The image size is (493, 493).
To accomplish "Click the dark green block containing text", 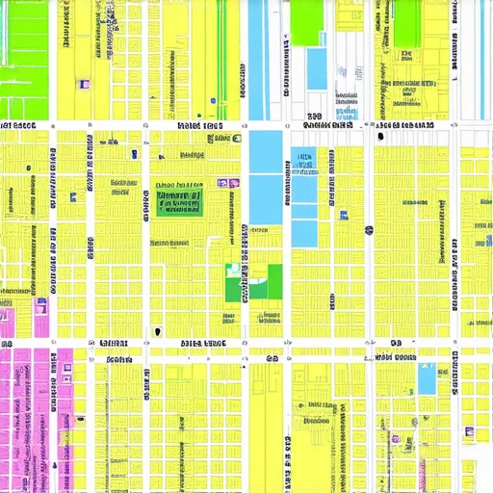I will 178,201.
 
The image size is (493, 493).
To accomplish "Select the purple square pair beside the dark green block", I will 228,183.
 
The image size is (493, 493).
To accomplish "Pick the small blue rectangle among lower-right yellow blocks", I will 426,378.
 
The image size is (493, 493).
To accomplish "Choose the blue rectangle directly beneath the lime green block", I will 317,68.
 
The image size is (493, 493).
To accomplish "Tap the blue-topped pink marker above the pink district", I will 40,306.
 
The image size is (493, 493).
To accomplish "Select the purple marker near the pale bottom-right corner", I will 468,432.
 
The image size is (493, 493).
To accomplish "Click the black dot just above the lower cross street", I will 157,331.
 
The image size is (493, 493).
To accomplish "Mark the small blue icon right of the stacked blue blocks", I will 369,230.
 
